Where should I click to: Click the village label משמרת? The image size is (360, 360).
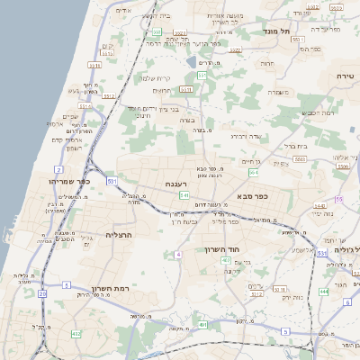276,91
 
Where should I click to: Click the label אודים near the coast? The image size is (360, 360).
124,10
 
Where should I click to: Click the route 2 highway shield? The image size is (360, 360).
58,168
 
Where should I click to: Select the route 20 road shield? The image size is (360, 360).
43,293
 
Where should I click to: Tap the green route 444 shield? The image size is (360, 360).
322,292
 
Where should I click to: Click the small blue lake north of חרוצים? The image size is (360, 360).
192,63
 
